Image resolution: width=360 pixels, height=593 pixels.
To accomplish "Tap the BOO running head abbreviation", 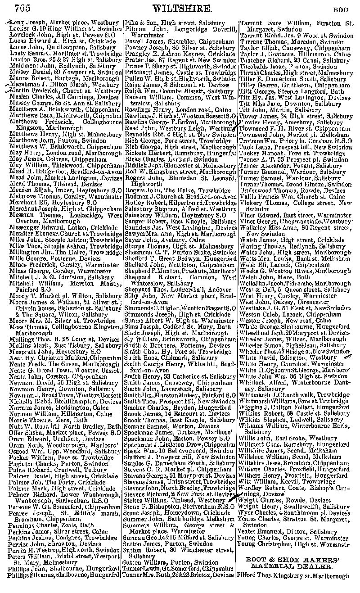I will click(344, 9).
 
